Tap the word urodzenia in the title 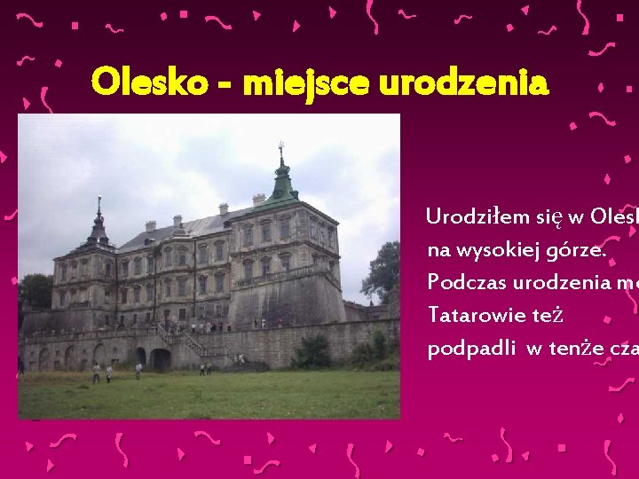coord(463,83)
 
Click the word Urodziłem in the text coord(473,216)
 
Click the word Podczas coord(469,282)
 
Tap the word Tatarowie coord(476,315)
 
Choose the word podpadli coord(471,349)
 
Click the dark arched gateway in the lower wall coord(161,359)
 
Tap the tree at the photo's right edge coord(383,271)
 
